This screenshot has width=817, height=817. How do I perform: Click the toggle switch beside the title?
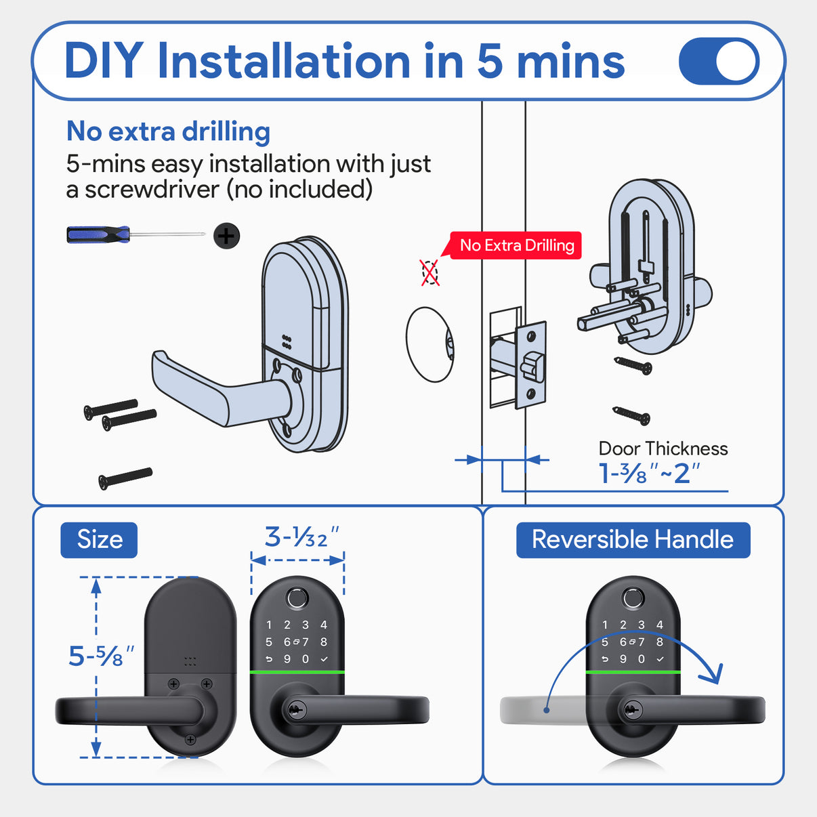point(719,61)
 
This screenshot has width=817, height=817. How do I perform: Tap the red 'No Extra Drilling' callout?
point(516,245)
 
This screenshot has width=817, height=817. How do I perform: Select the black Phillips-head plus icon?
point(226,236)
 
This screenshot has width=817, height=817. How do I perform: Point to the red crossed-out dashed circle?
point(430,273)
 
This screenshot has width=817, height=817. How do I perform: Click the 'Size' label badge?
point(99,540)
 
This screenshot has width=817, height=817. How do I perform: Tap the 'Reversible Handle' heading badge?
point(633,540)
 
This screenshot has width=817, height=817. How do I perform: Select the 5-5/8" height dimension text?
point(100,656)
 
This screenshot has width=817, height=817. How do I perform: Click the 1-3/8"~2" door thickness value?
point(648,474)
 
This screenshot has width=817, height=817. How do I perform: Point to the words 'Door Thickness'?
point(663,448)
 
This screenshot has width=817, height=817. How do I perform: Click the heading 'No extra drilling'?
point(168,131)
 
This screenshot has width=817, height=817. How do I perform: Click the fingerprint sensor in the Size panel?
point(297,598)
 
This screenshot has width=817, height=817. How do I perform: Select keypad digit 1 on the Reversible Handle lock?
point(605,625)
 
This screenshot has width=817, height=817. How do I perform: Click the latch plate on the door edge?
point(531,365)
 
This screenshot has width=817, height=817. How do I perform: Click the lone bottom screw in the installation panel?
point(125,478)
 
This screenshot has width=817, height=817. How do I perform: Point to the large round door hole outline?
point(430,345)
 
